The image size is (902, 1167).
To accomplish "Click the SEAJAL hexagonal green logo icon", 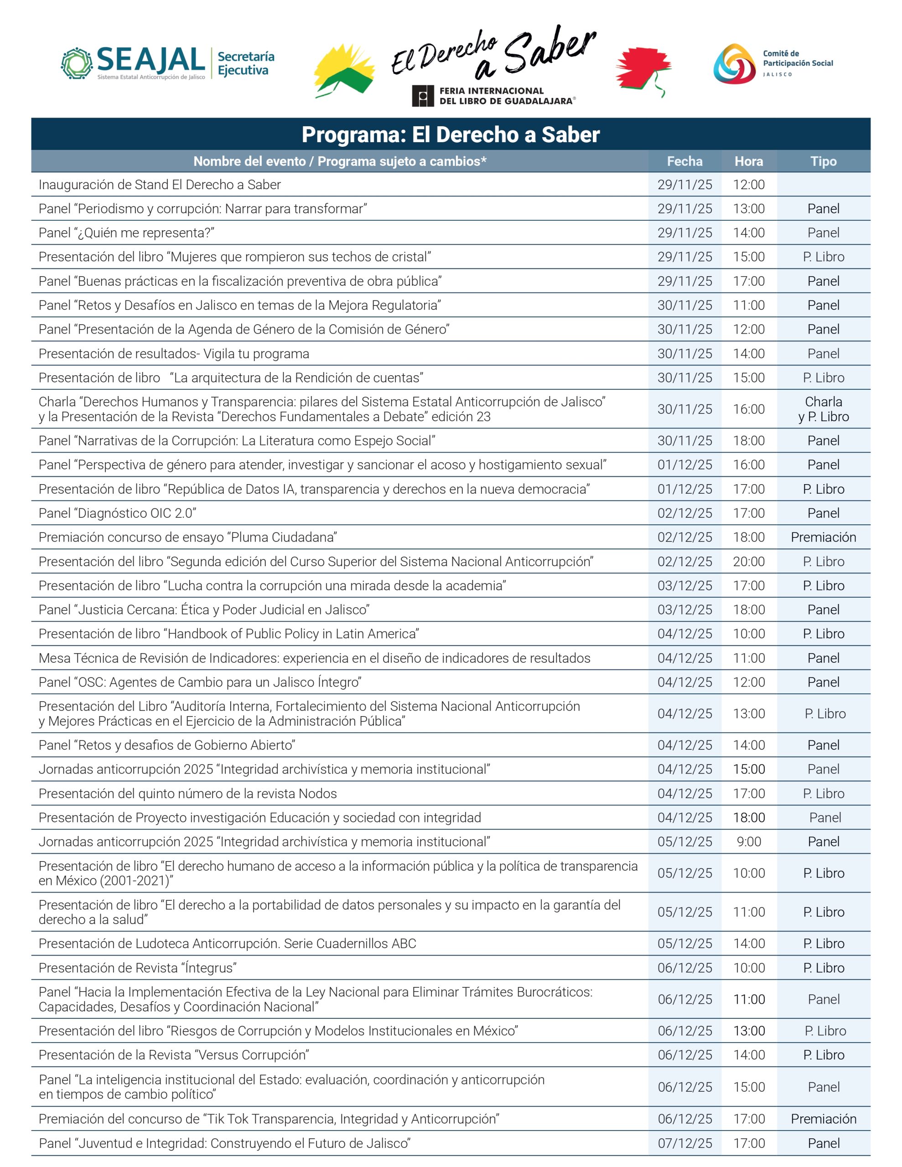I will click(x=77, y=63).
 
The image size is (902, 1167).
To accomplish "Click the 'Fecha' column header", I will click(x=684, y=161).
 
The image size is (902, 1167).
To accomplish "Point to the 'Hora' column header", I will click(x=748, y=161).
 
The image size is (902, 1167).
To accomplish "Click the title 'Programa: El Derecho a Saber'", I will click(x=450, y=134).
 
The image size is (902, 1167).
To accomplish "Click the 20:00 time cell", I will click(x=748, y=562).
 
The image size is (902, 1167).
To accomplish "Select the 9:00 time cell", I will click(x=748, y=842).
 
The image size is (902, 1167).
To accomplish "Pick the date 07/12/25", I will click(x=684, y=1143).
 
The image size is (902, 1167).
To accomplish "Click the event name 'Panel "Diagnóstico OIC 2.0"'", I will click(x=117, y=513).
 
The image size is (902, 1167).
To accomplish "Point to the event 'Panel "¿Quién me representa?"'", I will click(x=126, y=233).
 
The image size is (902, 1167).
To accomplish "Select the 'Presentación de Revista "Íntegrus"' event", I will click(x=137, y=968).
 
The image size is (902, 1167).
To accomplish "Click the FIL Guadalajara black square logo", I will click(x=422, y=96).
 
